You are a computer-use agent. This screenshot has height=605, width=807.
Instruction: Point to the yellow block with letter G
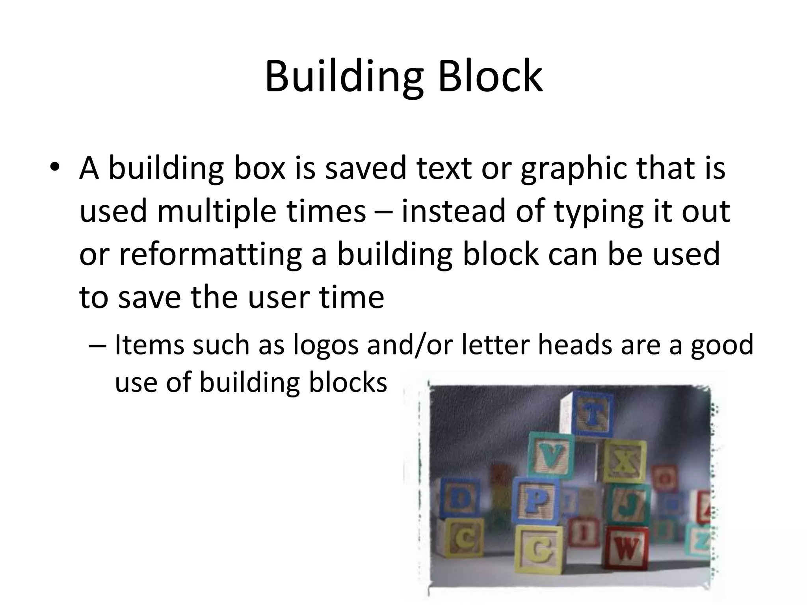pos(538,550)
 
